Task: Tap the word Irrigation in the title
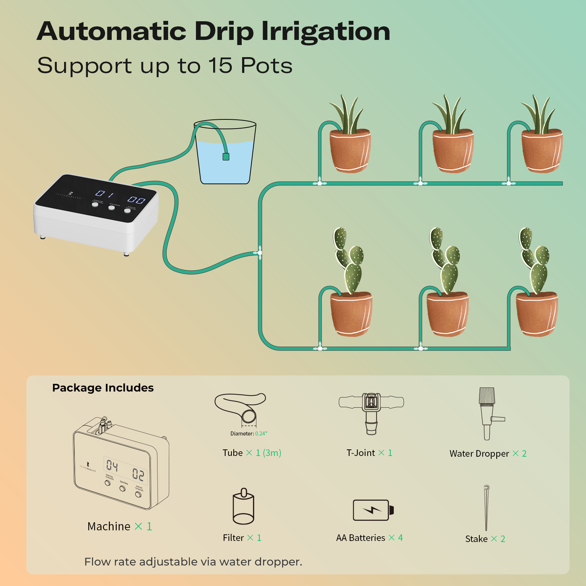pyautogui.click(x=326, y=32)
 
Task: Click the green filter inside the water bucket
pyautogui.click(x=226, y=157)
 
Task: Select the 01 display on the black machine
pyautogui.click(x=104, y=194)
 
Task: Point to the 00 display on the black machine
pyautogui.click(x=136, y=200)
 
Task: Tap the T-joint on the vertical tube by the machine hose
pyautogui.click(x=260, y=253)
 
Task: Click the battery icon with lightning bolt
pyautogui.click(x=372, y=510)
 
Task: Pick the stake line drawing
pyautogui.click(x=486, y=507)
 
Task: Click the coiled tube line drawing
pyautogui.click(x=241, y=408)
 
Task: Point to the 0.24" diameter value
pyautogui.click(x=261, y=434)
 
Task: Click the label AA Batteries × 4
pyautogui.click(x=369, y=538)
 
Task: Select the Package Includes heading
pyautogui.click(x=103, y=388)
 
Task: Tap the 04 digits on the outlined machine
pyautogui.click(x=112, y=466)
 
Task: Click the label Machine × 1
pyautogui.click(x=119, y=526)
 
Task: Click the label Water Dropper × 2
pyautogui.click(x=488, y=454)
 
